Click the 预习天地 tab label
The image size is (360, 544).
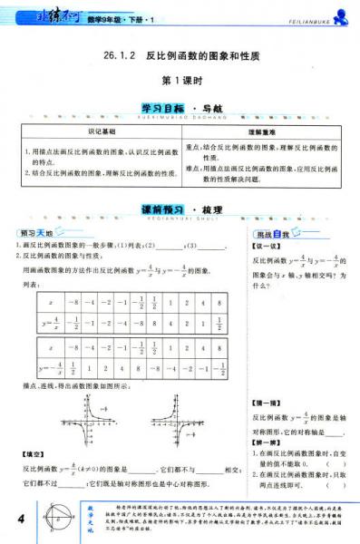coord(37,234)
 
